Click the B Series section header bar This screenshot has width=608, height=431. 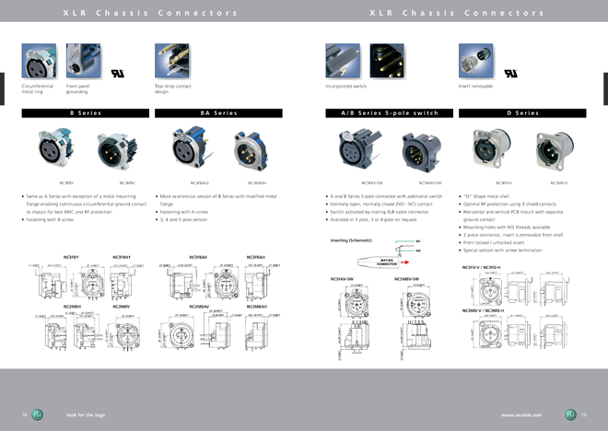pos(85,113)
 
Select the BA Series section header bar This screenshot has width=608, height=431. pos(218,113)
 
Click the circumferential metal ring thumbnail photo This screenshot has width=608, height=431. pos(38,62)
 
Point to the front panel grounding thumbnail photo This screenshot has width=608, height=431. pos(80,62)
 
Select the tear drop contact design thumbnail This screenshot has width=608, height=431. pos(171,62)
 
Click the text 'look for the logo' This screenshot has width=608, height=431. pos(79,415)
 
